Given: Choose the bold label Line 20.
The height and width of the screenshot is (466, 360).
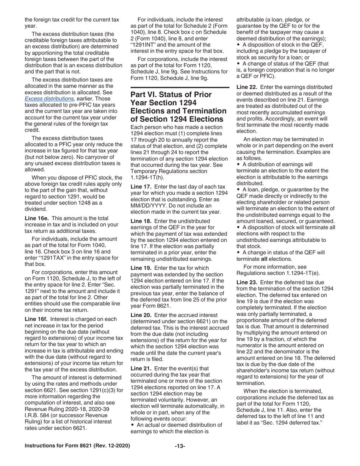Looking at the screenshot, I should coord(142,315).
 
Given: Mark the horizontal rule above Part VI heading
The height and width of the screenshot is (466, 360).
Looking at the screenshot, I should coord(180,88).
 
